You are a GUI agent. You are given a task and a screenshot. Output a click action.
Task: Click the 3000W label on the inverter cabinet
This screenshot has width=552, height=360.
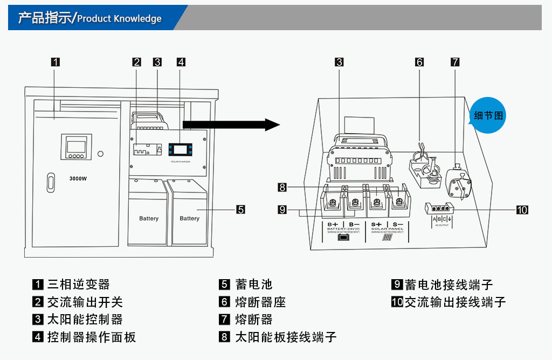78,178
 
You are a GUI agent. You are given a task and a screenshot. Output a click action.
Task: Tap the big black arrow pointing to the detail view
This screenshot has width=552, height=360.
232,125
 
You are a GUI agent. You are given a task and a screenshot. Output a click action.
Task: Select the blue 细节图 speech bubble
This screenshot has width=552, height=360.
488,115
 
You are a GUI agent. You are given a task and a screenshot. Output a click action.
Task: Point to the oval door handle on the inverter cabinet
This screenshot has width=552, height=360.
50,182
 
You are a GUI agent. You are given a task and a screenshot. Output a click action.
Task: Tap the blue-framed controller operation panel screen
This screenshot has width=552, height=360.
181,149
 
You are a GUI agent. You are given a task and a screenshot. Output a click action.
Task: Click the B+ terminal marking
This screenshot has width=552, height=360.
333,224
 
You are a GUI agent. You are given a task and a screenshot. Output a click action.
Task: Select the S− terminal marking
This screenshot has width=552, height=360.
398,224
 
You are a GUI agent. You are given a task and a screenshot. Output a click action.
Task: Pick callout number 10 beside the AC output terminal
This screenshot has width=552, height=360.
522,210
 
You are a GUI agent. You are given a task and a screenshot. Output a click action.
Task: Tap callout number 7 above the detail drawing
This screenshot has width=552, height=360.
455,62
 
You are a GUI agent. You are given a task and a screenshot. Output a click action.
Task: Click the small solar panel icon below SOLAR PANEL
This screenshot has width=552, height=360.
387,238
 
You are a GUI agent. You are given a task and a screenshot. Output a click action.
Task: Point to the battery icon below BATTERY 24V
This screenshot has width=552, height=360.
343,238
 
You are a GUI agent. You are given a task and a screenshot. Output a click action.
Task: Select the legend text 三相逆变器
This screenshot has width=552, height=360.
79,284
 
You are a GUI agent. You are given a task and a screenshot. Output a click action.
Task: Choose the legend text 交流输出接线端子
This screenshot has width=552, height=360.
455,302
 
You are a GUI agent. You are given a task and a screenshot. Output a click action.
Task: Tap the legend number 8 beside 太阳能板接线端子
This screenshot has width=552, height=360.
224,337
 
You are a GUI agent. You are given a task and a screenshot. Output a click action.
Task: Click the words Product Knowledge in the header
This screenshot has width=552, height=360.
119,19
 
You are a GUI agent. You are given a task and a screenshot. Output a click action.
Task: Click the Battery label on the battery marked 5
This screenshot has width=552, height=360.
189,218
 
